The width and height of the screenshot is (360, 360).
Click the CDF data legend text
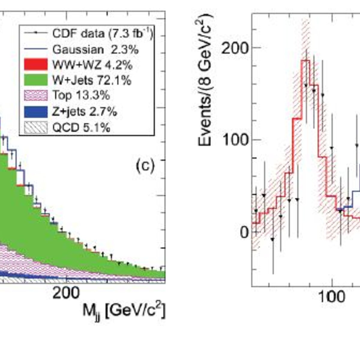pyautogui.click(x=103, y=34)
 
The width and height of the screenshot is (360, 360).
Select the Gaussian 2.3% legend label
pyautogui.click(x=95, y=50)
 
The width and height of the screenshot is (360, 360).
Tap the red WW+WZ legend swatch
pyautogui.click(x=36, y=64)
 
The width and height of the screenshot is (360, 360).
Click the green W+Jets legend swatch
pyautogui.click(x=36, y=80)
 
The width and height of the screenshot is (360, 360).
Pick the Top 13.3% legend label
pyautogui.click(x=81, y=95)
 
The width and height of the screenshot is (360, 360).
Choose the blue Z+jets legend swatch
pyautogui.click(x=36, y=112)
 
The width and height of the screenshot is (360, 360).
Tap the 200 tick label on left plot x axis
pyautogui.click(x=66, y=293)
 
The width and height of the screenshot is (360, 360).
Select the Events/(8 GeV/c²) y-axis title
pyautogui.click(x=205, y=80)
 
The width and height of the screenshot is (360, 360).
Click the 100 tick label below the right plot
pyautogui.click(x=332, y=297)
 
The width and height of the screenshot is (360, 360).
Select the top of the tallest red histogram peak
pyautogui.click(x=306, y=61)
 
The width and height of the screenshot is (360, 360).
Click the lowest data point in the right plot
pyautogui.click(x=273, y=239)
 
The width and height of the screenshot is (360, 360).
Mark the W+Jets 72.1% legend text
pyautogui.click(x=92, y=80)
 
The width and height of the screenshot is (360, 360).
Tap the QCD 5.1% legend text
pyautogui.click(x=81, y=128)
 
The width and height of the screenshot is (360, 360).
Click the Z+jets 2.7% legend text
pyautogui.click(x=84, y=112)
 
